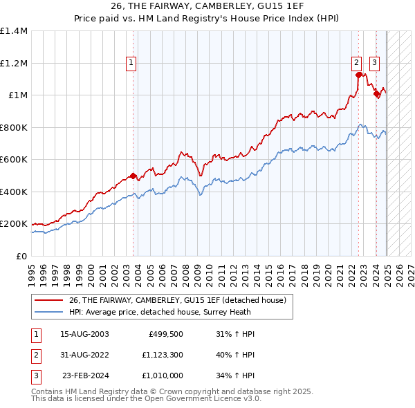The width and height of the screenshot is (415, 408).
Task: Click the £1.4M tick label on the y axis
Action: point(14,31)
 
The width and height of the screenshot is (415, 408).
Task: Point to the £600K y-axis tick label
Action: point(14,160)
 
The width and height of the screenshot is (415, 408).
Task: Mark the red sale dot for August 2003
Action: point(133,176)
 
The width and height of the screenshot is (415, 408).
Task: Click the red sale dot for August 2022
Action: point(358,75)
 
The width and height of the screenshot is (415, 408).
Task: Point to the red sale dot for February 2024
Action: point(376,94)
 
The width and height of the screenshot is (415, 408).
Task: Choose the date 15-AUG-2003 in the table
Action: point(85,334)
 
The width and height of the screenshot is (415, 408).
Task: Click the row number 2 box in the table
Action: point(35,355)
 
